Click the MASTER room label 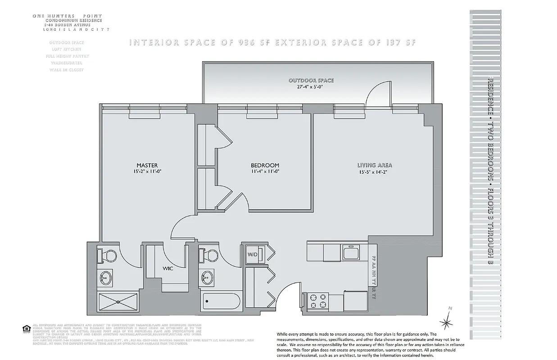(147, 165)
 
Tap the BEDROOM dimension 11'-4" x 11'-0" (265, 171)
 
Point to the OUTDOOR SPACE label (311, 80)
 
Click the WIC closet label (168, 268)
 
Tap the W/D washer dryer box (252, 255)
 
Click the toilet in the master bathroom (107, 255)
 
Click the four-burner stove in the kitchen (317, 301)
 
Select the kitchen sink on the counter (351, 253)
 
